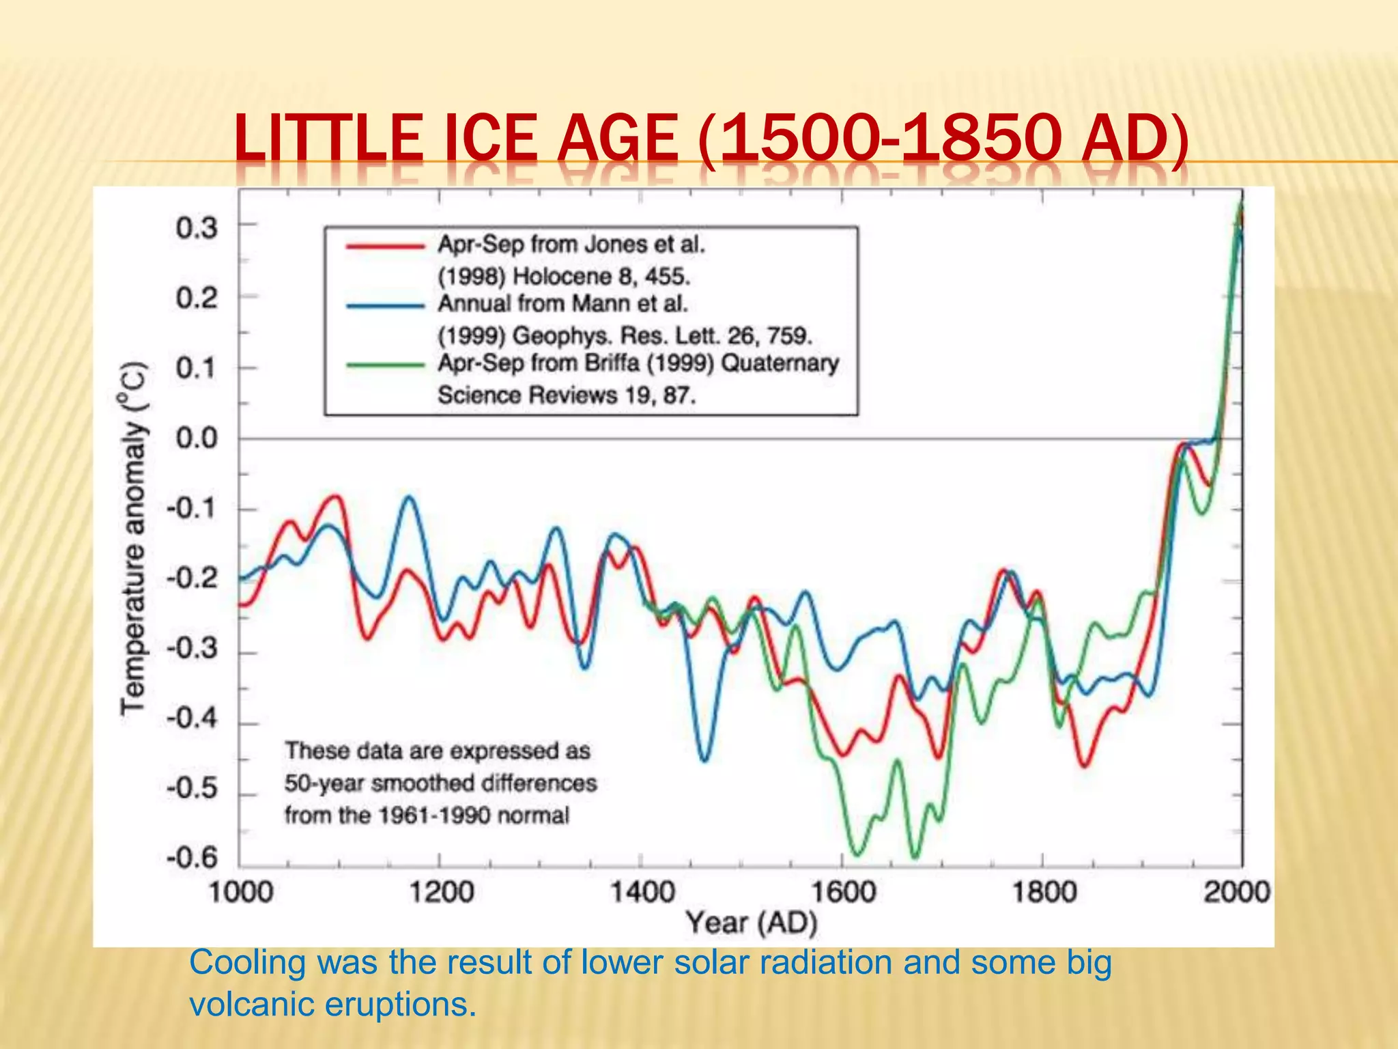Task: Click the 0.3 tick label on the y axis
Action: [197, 227]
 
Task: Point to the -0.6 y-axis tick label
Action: [192, 857]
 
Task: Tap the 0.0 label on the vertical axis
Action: [197, 438]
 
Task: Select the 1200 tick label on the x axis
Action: [441, 892]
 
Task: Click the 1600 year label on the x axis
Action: [843, 892]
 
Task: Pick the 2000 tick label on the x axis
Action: [1236, 892]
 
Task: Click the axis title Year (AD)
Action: [752, 923]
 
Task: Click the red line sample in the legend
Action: [386, 246]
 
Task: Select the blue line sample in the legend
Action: [386, 305]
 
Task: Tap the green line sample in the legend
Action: [386, 365]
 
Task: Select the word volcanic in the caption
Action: [253, 1004]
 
